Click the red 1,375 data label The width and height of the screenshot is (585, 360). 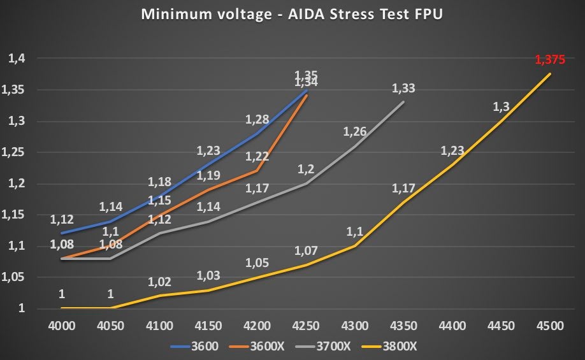coord(549,61)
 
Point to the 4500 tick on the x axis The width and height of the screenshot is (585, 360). coord(549,325)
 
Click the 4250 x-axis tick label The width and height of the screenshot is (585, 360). coord(306,325)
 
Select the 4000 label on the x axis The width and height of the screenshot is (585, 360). coord(62,325)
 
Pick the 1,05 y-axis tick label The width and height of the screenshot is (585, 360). coord(14,277)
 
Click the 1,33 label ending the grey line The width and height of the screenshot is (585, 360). coord(403,88)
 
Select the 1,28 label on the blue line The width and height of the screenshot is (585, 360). coord(257,119)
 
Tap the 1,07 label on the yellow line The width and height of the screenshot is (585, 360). coord(306,250)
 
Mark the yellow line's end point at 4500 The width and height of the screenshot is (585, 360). coord(550,74)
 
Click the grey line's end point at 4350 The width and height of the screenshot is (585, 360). coord(403,101)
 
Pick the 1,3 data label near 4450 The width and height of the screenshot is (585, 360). coord(502,107)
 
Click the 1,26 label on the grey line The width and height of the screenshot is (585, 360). coord(355,132)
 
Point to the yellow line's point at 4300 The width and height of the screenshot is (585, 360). coord(355,246)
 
